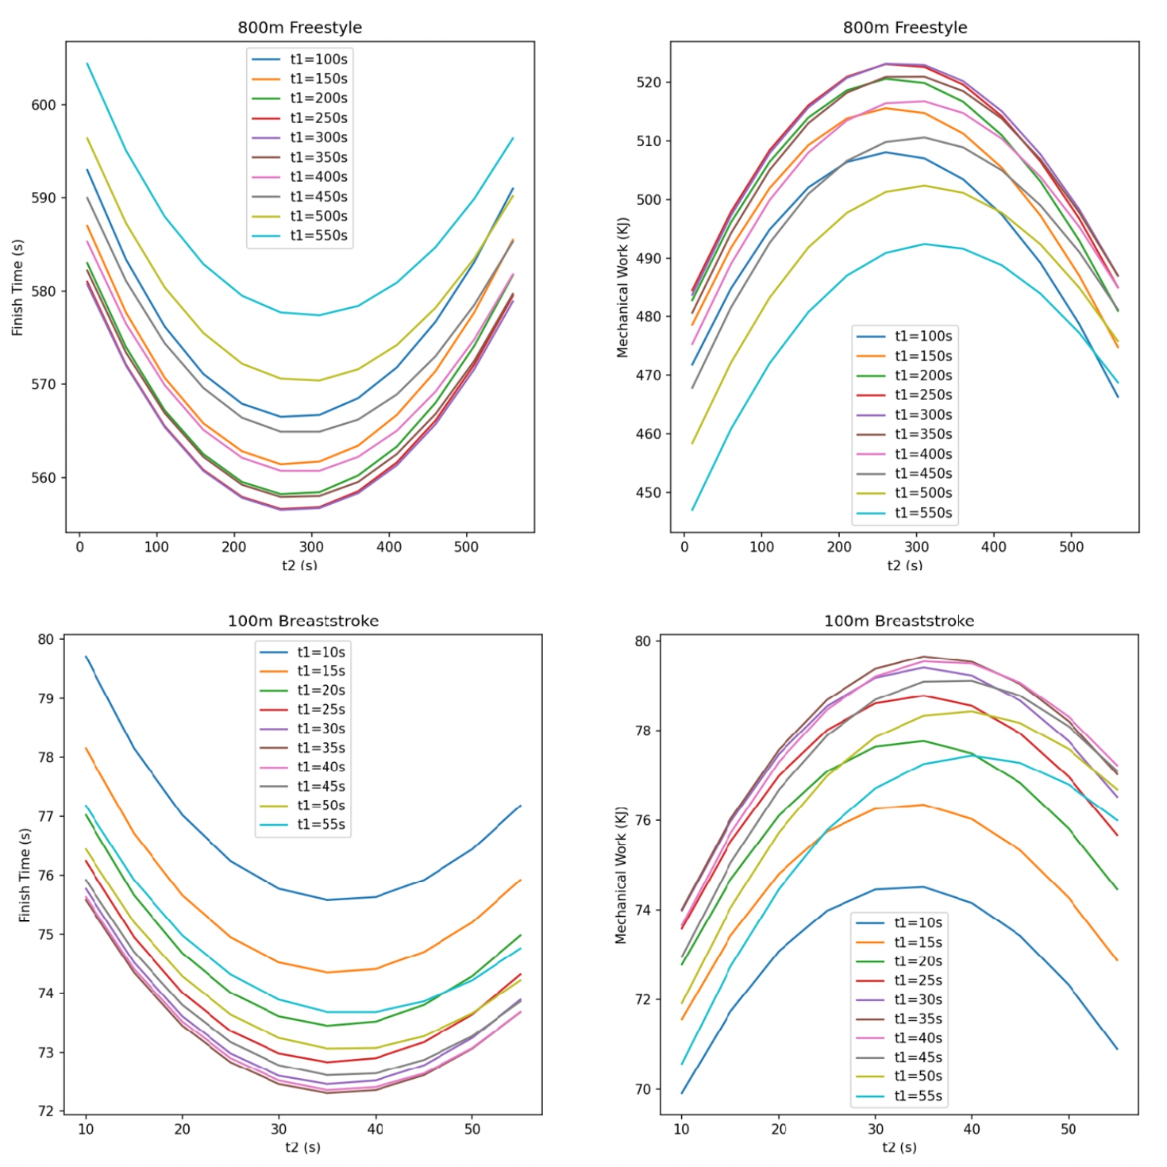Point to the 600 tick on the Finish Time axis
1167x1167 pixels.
pyautogui.click(x=44, y=105)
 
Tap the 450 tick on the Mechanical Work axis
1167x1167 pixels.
pyautogui.click(x=649, y=492)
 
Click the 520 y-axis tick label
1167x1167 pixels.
pyautogui.click(x=649, y=83)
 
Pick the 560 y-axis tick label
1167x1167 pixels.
pyautogui.click(x=44, y=478)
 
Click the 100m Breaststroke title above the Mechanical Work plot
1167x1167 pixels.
pyautogui.click(x=899, y=621)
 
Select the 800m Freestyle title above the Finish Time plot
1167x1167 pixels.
pyautogui.click(x=299, y=28)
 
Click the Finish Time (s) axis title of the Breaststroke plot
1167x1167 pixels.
pyautogui.click(x=25, y=875)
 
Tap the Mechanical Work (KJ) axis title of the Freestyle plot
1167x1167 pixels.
pyautogui.click(x=622, y=287)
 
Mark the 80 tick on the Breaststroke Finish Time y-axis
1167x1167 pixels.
pyautogui.click(x=46, y=639)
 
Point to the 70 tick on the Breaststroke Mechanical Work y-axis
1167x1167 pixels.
pyautogui.click(x=642, y=1089)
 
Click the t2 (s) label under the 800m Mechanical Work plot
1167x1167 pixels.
pyautogui.click(x=904, y=565)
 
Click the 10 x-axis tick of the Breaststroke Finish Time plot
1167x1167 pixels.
pyautogui.click(x=86, y=1129)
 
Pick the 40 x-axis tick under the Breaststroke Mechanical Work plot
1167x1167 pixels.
pyautogui.click(x=972, y=1129)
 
